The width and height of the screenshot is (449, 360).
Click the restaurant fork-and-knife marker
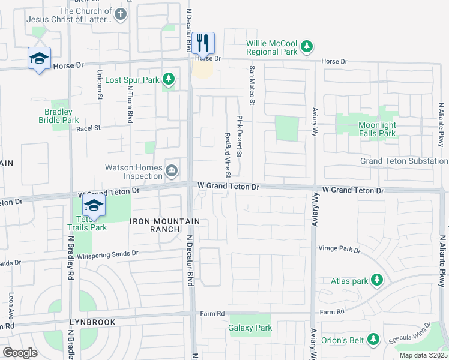point(203,43)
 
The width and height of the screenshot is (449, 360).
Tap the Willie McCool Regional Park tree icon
point(307,46)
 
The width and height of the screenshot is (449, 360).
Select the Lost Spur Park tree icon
point(169,79)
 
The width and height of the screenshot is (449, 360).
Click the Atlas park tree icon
point(377,280)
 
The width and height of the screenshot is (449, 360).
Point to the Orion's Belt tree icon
point(373,340)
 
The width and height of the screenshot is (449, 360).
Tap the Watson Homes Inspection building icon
point(172,172)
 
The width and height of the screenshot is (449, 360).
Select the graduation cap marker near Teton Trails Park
point(94,206)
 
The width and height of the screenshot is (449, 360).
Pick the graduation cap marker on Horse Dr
point(39,58)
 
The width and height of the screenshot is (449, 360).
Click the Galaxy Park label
point(250,328)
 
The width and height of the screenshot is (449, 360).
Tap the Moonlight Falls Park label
point(377,129)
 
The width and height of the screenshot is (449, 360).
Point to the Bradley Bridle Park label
point(62,116)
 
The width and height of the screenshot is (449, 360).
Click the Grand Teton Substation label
point(403,161)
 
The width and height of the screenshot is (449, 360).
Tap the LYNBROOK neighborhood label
point(92,322)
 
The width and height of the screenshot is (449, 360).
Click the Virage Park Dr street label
point(339,249)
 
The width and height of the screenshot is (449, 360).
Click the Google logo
point(20,352)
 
